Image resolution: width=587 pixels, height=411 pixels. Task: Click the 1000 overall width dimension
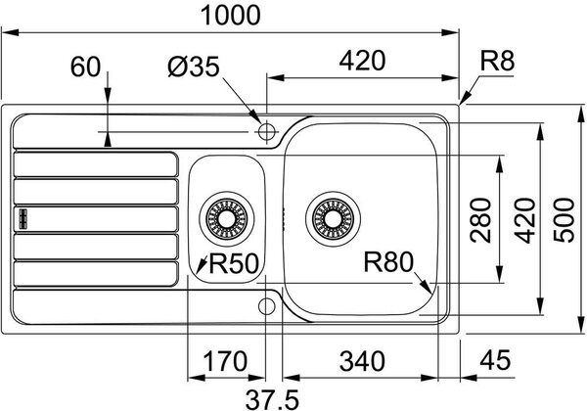pos(230,16)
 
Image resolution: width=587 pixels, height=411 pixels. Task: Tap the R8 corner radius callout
pos(498,61)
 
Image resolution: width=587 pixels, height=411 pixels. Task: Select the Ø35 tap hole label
pos(194,67)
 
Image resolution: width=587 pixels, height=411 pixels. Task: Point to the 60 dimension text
pos(86,67)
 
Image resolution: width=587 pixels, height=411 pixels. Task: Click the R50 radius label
pos(234,263)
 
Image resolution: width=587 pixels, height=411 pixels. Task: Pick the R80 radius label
pos(388,261)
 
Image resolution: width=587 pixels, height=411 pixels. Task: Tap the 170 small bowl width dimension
pos(225,361)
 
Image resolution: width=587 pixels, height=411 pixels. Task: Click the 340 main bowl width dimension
pos(362,361)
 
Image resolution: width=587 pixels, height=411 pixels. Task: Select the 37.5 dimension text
pos(272,400)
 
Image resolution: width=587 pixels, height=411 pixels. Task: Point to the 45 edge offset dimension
pos(495,360)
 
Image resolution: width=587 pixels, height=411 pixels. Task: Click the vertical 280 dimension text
pos(480,220)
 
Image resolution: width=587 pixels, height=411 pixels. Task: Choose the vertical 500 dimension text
pos(564,220)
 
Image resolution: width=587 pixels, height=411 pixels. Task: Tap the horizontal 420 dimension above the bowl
pos(362,61)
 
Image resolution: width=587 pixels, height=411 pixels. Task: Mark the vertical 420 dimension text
pos(524,220)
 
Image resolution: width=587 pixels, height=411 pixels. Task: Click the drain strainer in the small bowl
pos(227,219)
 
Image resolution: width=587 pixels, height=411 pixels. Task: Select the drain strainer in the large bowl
pos(333,219)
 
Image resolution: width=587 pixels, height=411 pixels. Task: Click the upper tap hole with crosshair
pos(266,132)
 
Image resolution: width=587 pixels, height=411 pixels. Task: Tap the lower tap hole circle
pos(266,306)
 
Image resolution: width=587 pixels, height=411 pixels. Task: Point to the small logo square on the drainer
pos(23,218)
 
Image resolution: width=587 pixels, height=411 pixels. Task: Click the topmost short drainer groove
pos(96,164)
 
